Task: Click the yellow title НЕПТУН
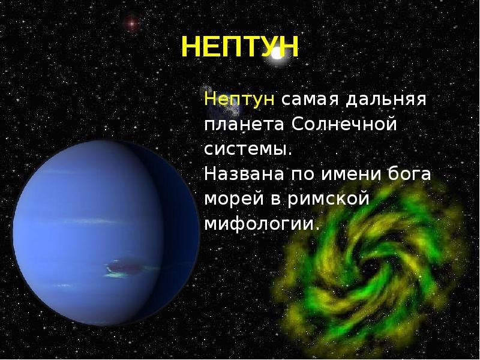[239, 47]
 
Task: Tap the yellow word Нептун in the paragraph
[239, 99]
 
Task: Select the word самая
[310, 100]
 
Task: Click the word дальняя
[386, 100]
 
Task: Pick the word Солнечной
[344, 124]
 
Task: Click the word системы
[248, 149]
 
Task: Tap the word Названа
[244, 174]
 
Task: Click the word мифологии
[262, 224]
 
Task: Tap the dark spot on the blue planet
[123, 267]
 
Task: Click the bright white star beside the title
[277, 54]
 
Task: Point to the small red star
[131, 23]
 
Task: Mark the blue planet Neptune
[106, 233]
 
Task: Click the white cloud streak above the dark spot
[92, 221]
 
